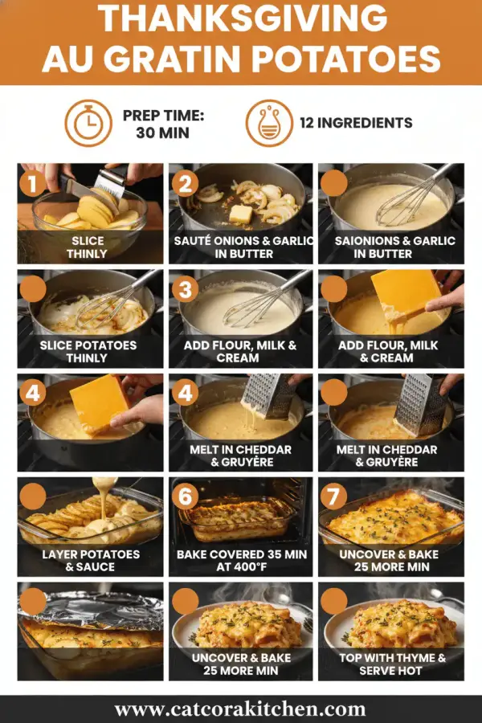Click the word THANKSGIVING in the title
pyautogui.click(x=241, y=20)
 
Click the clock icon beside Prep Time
pyautogui.click(x=88, y=123)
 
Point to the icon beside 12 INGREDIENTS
pyautogui.click(x=269, y=123)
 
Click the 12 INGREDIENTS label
pyautogui.click(x=356, y=123)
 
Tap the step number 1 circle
pyautogui.click(x=33, y=184)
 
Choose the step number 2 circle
pyautogui.click(x=184, y=184)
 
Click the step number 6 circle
pyautogui.click(x=184, y=496)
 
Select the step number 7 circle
pyautogui.click(x=333, y=496)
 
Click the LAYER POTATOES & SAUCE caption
pyautogui.click(x=90, y=560)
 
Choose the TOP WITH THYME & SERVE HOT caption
pyautogui.click(x=392, y=664)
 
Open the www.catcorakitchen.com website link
pyautogui.click(x=240, y=709)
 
